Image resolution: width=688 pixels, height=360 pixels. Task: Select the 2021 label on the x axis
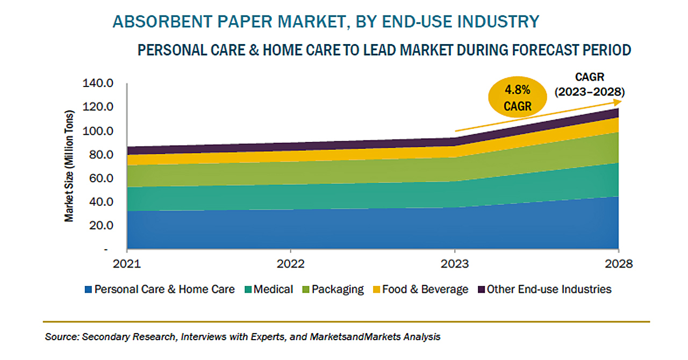click(x=127, y=264)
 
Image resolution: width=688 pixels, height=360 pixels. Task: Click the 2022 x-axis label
click(x=290, y=264)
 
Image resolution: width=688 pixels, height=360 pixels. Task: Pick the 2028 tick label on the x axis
click(x=618, y=264)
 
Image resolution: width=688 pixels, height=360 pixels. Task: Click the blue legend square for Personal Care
click(x=88, y=290)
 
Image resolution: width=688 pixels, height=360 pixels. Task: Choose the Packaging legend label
click(x=337, y=290)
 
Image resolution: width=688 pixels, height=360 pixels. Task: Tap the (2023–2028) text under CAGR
click(x=590, y=92)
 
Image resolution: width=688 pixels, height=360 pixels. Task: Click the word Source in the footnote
click(x=61, y=337)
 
